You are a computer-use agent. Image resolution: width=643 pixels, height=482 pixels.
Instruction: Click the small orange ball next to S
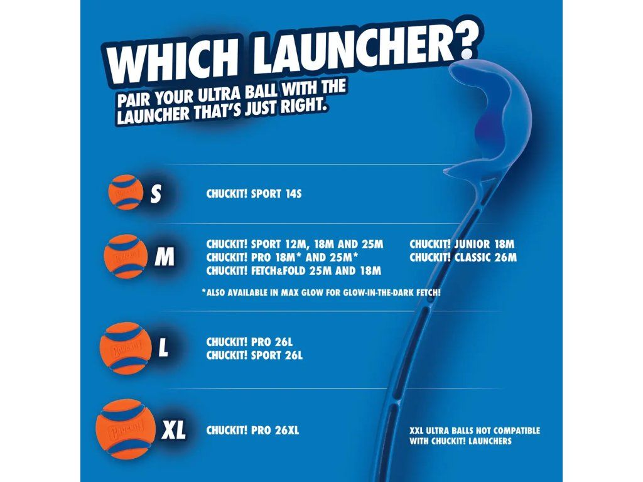point(126,192)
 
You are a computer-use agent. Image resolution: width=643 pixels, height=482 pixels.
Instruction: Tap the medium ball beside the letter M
point(126,257)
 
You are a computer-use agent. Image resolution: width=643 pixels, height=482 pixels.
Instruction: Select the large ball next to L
point(126,348)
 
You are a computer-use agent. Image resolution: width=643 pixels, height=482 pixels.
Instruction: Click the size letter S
point(156,193)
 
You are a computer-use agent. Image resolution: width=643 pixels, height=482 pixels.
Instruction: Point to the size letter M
point(165,257)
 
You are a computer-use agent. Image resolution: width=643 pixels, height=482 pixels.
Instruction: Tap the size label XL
point(173,431)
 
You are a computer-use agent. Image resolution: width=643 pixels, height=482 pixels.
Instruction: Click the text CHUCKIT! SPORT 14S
point(254,193)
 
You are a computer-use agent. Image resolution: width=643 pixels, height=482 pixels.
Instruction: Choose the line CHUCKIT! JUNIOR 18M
point(462,244)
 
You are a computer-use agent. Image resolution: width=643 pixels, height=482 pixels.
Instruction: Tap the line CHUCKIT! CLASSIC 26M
point(463,257)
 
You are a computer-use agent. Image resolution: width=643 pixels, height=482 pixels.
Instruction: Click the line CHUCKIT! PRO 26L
point(249,342)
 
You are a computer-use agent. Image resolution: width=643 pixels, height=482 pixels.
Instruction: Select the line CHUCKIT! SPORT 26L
point(254,355)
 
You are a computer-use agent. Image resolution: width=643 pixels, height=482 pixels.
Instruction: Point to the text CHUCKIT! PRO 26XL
point(252,431)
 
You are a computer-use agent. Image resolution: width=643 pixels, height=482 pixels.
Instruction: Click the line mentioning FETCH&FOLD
point(294,270)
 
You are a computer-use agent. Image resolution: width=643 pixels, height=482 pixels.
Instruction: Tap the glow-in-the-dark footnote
point(321,292)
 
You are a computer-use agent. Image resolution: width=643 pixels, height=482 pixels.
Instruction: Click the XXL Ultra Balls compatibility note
point(475,436)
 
